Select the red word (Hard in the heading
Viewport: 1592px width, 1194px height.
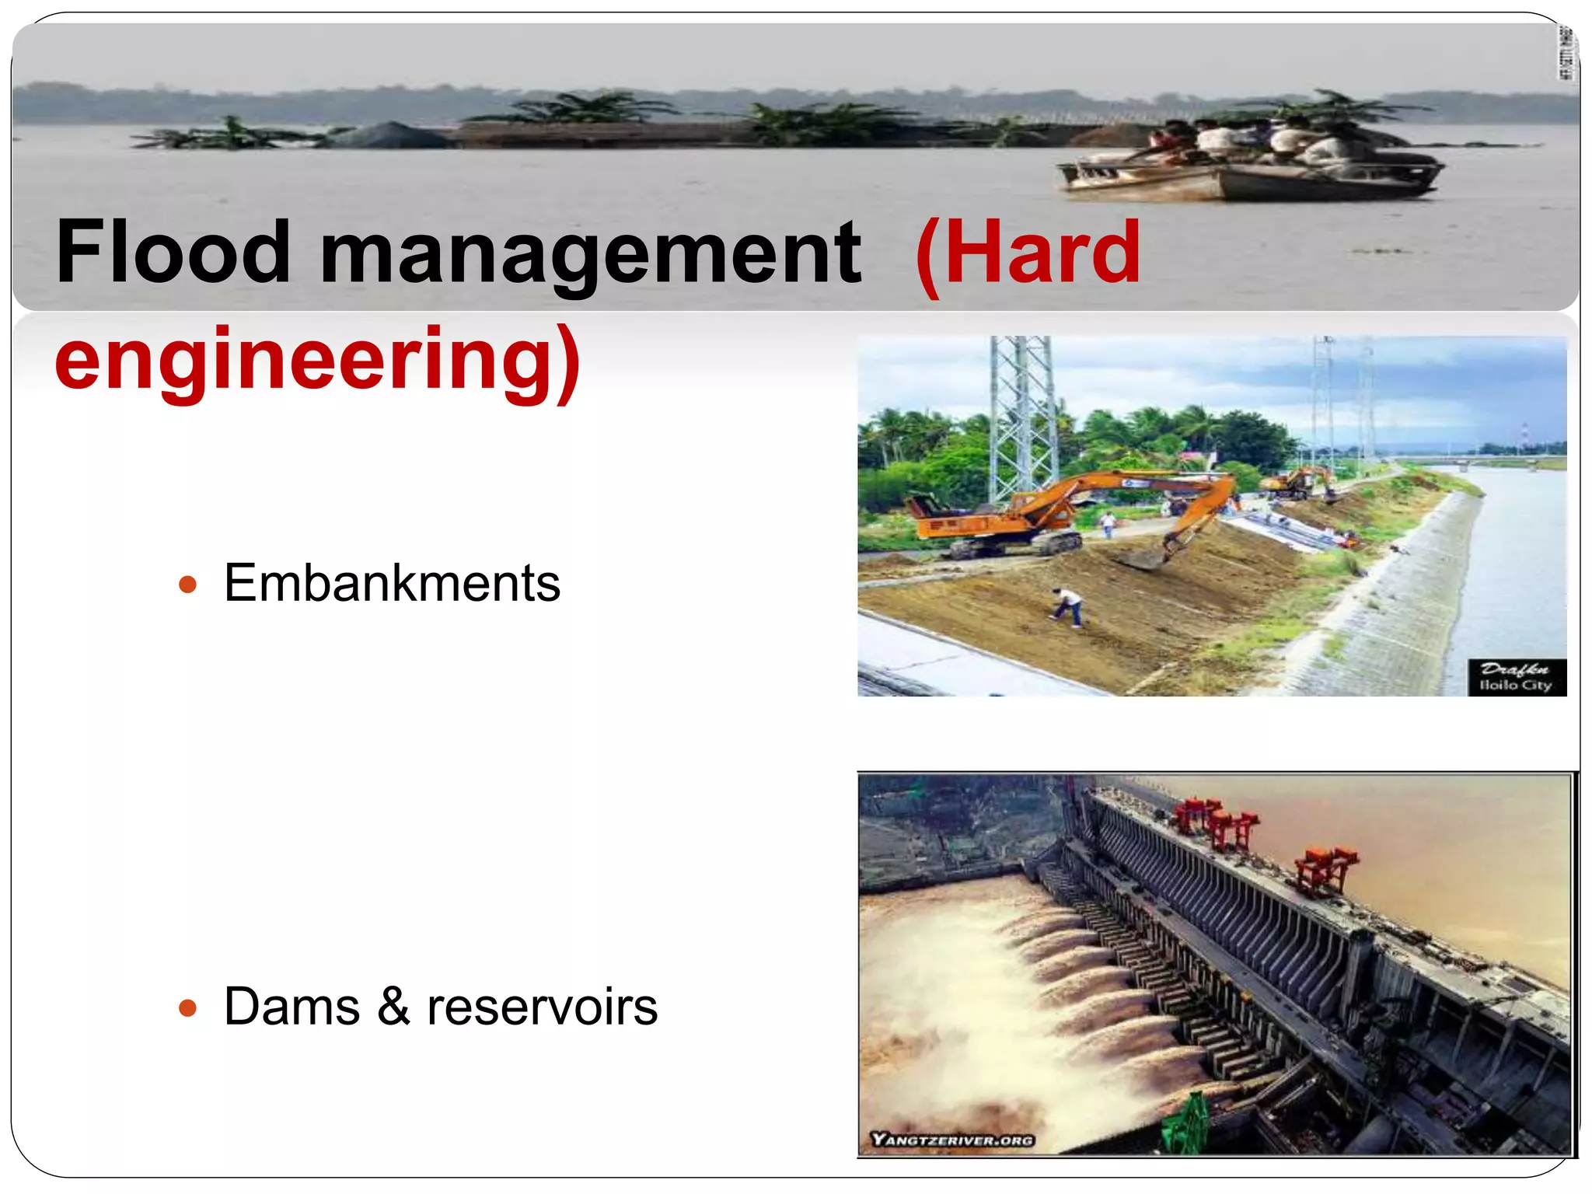pos(1028,253)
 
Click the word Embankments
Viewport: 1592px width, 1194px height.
pos(392,583)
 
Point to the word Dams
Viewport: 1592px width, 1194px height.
pos(292,1007)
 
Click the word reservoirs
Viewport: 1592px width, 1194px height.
pos(542,1007)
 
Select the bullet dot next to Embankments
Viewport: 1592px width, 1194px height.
pos(187,585)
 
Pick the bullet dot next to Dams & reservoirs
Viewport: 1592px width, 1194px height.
pos(187,1009)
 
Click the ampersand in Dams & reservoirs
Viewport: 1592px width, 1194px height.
pos(393,1007)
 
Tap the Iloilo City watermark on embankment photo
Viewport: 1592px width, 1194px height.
pos(1516,678)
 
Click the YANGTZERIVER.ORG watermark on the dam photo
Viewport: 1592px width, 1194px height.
pos(952,1140)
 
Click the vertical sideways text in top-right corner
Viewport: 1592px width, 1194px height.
pos(1566,53)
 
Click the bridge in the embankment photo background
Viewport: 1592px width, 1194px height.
pos(1477,462)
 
